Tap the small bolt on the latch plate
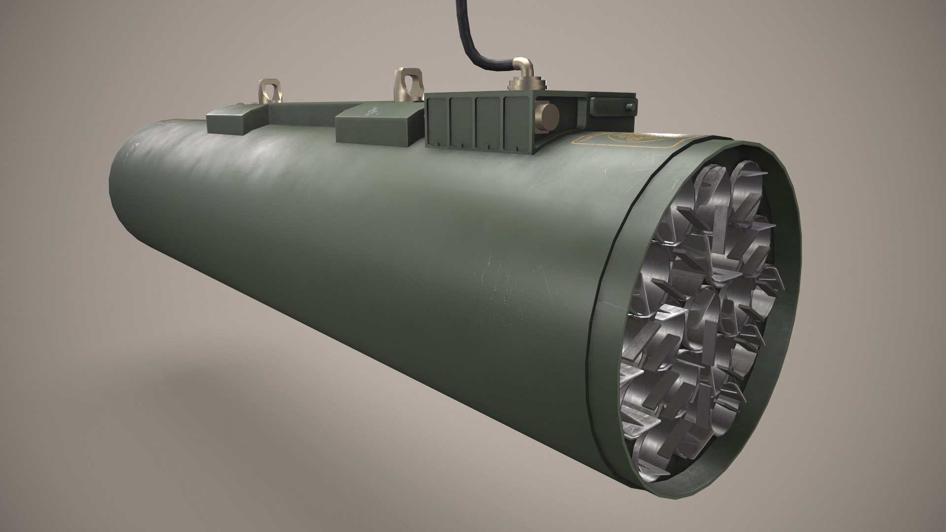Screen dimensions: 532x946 629,107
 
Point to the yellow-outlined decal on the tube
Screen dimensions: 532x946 626,140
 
